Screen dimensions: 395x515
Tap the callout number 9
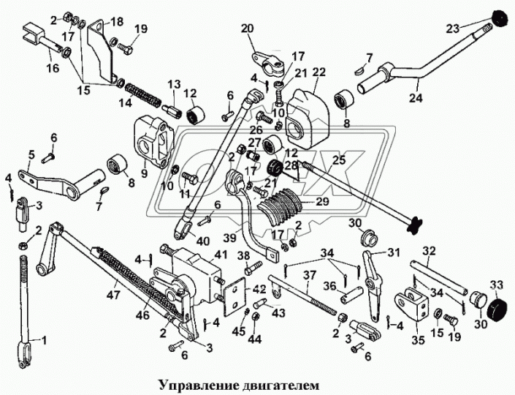point(144,174)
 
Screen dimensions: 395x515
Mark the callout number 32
point(429,250)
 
